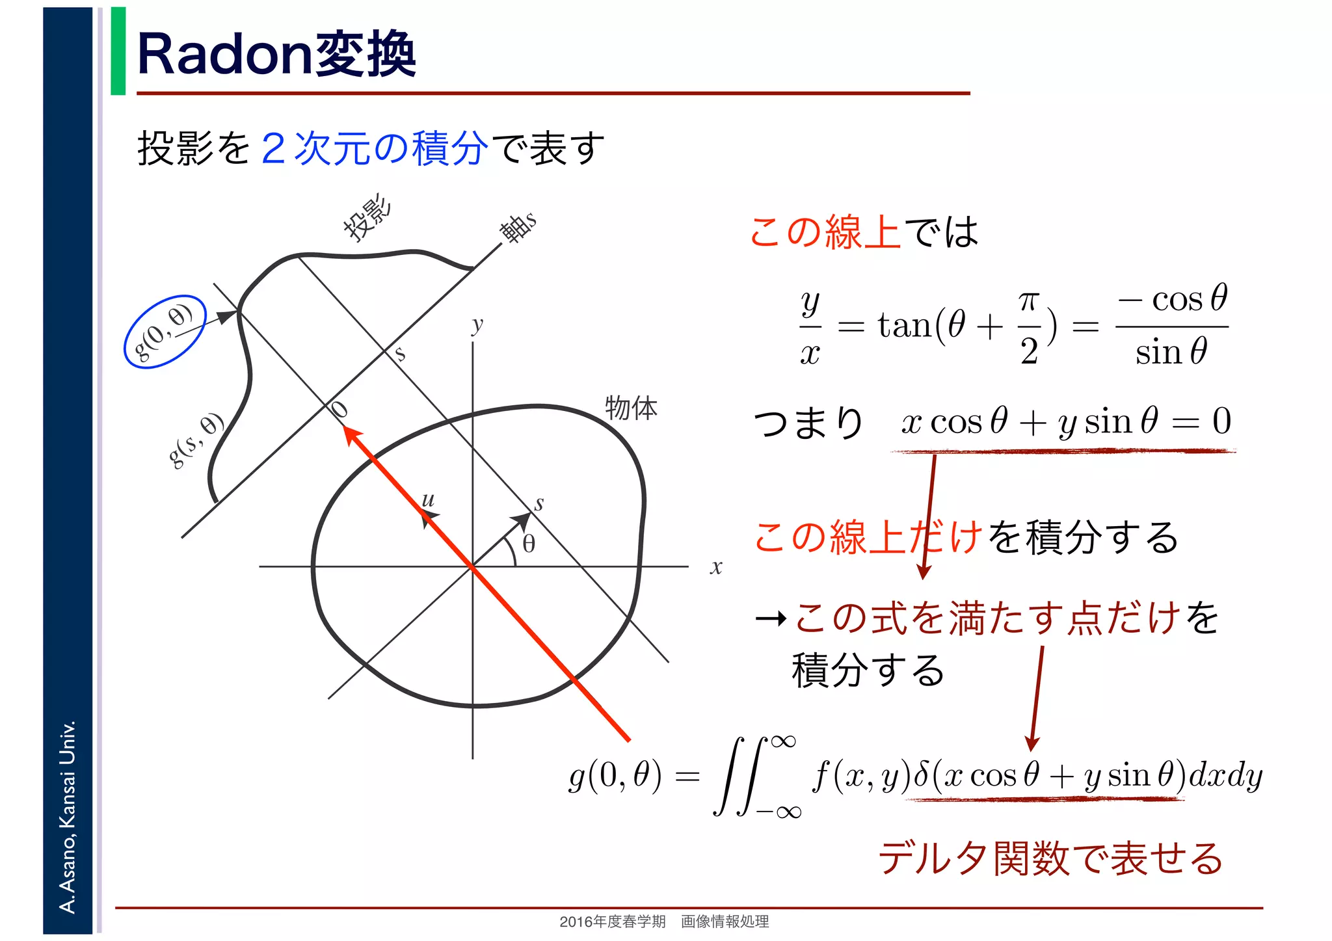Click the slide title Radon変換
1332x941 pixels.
coord(276,55)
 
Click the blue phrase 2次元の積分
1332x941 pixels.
coord(374,148)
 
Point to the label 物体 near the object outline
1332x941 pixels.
coord(631,408)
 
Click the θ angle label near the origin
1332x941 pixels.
coord(529,544)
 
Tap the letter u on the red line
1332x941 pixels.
coord(428,499)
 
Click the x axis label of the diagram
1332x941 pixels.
coord(716,567)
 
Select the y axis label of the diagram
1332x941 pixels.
coord(478,324)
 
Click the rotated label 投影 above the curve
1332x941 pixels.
coord(368,217)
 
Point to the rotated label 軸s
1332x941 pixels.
coord(518,227)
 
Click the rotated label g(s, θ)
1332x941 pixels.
coord(196,440)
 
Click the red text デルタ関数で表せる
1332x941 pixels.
coord(1050,858)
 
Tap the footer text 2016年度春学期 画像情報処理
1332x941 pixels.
coord(664,921)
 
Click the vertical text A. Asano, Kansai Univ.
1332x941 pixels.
coord(68,816)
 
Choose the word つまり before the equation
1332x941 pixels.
coord(808,423)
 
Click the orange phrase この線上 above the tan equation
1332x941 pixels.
coord(825,232)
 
